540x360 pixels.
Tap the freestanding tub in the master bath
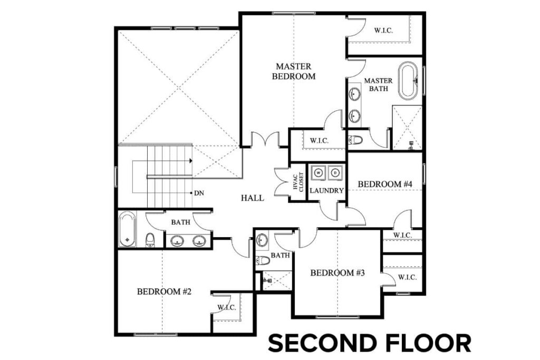click(408, 81)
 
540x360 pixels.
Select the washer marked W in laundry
click(319, 172)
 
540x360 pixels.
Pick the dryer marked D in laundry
click(335, 172)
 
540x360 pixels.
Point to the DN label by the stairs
click(199, 193)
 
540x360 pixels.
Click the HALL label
click(252, 198)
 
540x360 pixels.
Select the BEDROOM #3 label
click(337, 273)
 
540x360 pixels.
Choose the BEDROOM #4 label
click(384, 184)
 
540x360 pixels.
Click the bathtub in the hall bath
click(127, 229)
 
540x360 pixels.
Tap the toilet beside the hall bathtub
click(150, 240)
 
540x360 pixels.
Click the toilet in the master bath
click(355, 140)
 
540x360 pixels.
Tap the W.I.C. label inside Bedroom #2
click(226, 307)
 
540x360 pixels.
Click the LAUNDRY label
click(326, 190)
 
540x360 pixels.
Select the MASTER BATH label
click(379, 84)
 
